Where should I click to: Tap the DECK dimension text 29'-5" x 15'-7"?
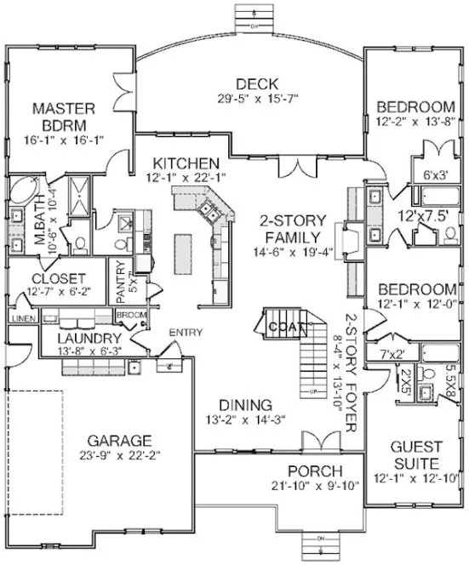[x=253, y=100]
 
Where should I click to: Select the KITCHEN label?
[x=186, y=163]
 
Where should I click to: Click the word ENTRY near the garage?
[x=185, y=331]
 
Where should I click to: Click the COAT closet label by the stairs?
[x=282, y=325]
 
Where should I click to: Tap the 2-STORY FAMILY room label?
[x=292, y=227]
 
